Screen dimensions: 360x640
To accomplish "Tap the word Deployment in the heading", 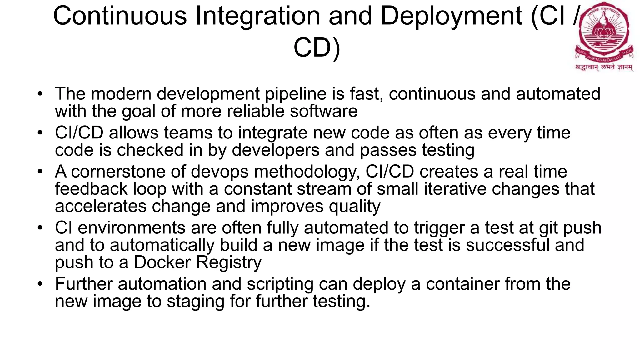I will (451, 16).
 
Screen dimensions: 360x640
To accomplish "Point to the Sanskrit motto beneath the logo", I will (604, 67).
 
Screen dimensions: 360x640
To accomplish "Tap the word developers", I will (276, 150).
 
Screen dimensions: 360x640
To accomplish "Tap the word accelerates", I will (101, 206).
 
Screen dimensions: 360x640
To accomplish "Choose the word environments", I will (132, 228).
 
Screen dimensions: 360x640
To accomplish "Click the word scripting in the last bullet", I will (280, 284).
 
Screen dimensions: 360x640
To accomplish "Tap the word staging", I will (196, 302).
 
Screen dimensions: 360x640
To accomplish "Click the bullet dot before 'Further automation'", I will (39, 284).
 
